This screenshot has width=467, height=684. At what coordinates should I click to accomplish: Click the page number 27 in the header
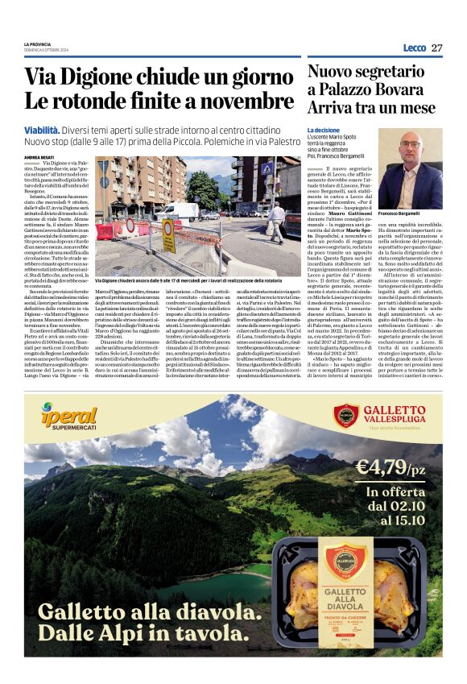[x=436, y=48]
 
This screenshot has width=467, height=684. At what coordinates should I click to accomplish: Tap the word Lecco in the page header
[x=414, y=48]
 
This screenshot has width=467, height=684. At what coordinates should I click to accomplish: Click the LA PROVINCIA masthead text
[x=38, y=44]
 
